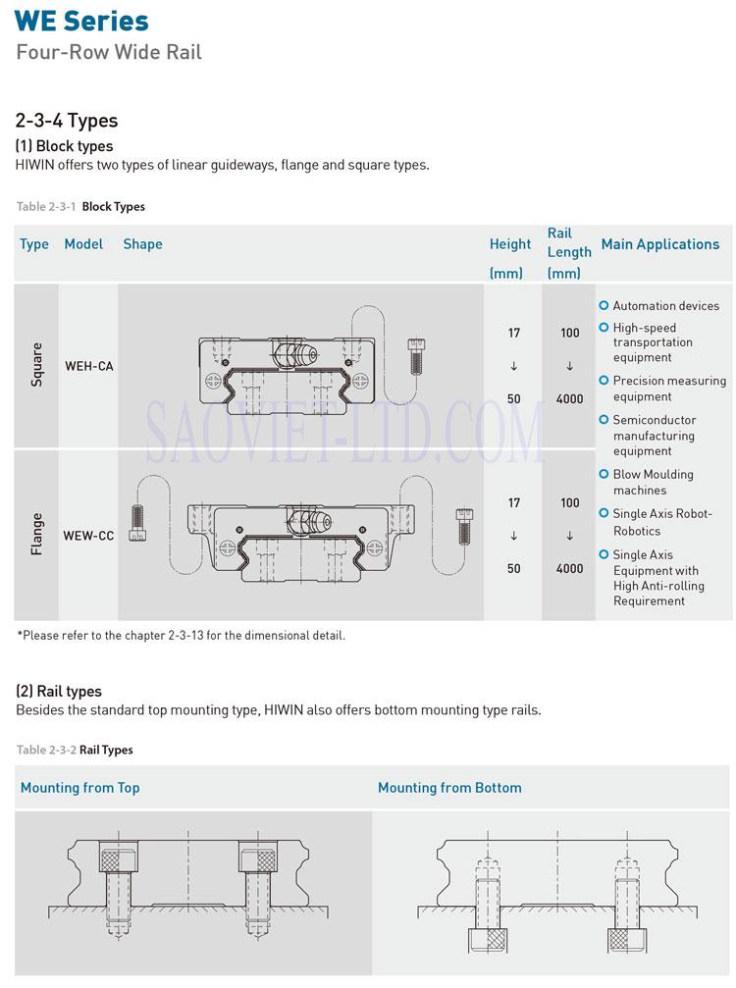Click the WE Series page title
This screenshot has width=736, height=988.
coord(81,21)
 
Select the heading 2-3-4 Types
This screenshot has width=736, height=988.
coord(66,121)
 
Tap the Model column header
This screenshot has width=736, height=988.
coord(83,244)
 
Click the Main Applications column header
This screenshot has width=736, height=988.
coord(659,244)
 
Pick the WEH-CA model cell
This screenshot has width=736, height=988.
coord(88,366)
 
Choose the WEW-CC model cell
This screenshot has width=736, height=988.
coord(88,536)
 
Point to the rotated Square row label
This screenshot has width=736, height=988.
coord(36,364)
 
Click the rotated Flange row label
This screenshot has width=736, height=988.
coord(36,535)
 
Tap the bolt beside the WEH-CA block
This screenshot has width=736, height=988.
coord(415,354)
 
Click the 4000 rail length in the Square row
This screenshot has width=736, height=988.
coord(569,399)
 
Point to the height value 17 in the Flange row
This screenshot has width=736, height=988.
coord(514,503)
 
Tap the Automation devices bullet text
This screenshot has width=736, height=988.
coord(665,306)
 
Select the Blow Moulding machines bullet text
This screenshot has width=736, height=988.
coord(653,482)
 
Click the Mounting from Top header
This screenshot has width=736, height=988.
coord(80,788)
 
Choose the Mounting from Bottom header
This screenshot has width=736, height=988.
coord(449,788)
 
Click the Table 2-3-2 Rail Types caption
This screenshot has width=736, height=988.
coord(75,750)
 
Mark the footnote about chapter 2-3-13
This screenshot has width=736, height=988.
coord(181,635)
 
